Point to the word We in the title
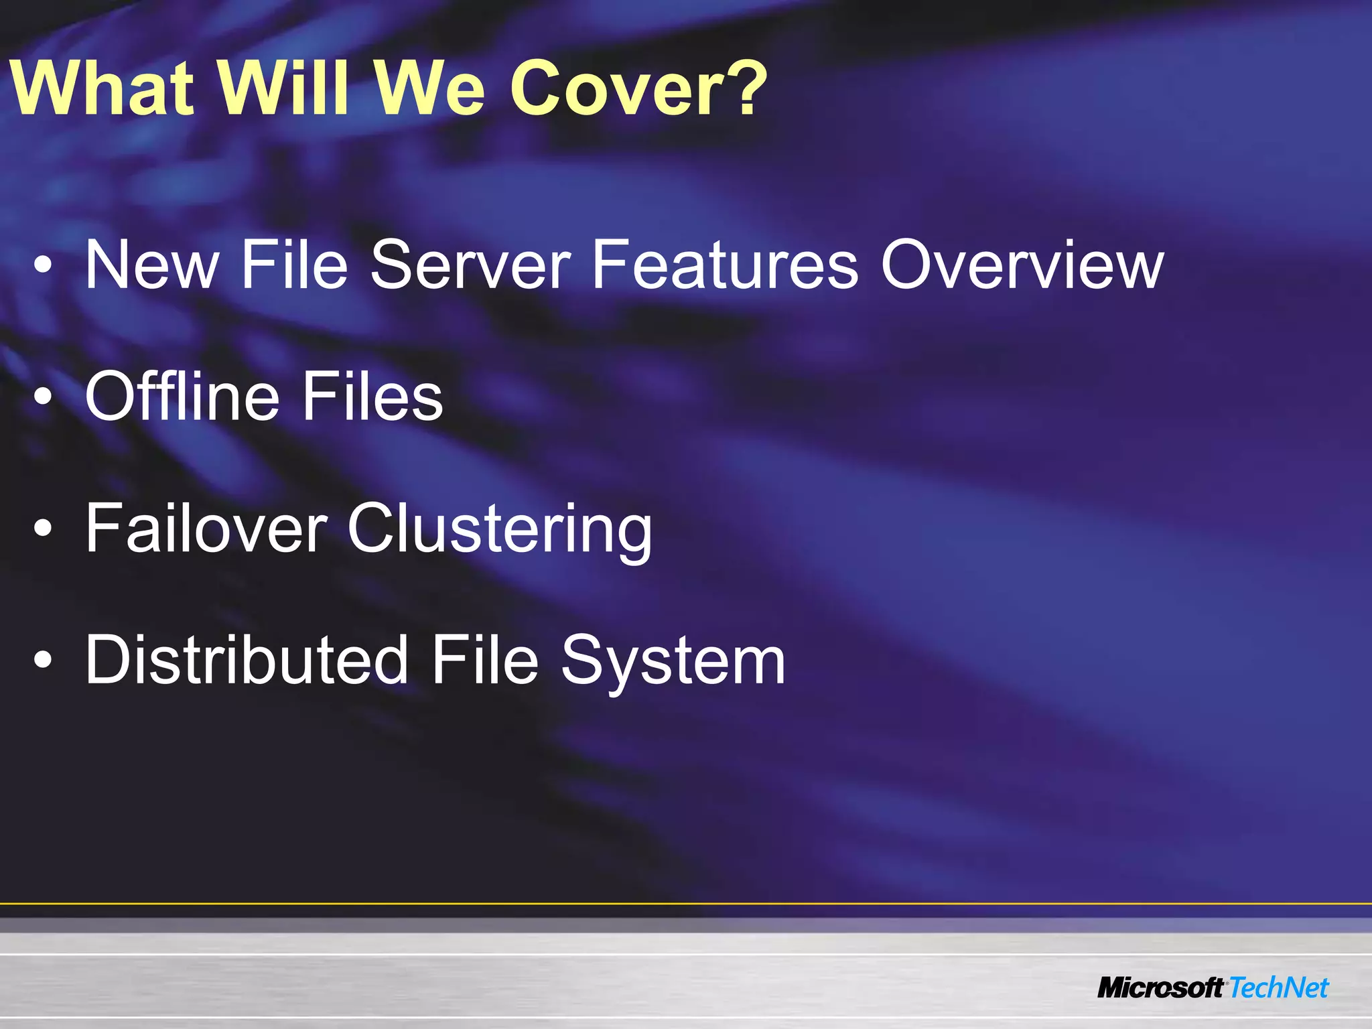[x=429, y=88]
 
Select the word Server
[x=470, y=265]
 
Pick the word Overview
[x=1022, y=265]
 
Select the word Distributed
[x=247, y=661]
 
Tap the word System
[x=673, y=662]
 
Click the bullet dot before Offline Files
[x=43, y=398]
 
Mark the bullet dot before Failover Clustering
[x=43, y=529]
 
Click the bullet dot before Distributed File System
[x=43, y=661]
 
